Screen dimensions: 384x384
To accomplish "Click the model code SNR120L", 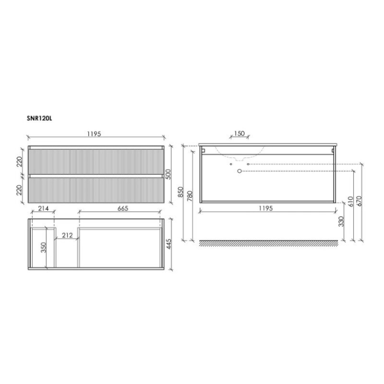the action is click(39, 119).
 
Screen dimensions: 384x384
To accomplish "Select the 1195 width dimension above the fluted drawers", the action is click(94, 134).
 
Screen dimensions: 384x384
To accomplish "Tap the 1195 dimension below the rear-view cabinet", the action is click(266, 208).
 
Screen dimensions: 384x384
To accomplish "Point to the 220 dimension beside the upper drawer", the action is click(19, 161).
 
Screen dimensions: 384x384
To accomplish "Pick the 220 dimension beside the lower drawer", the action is click(19, 190).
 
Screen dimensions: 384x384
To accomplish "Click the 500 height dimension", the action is click(168, 174).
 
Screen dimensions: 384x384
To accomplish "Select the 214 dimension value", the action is click(44, 208).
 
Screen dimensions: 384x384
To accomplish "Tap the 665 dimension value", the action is click(123, 208).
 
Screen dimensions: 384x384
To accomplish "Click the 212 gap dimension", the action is click(67, 235).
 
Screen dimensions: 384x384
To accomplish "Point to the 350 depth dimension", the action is click(43, 247).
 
